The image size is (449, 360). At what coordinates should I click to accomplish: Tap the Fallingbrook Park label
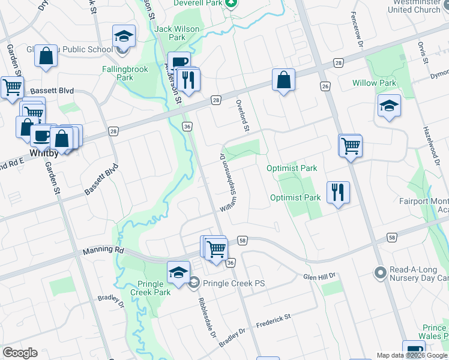(125, 73)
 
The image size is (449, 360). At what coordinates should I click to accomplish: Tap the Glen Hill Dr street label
(318, 277)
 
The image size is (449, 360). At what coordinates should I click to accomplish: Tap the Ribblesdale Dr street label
(204, 316)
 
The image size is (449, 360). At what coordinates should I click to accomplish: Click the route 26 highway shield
(325, 87)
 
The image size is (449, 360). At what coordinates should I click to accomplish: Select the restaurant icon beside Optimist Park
(338, 193)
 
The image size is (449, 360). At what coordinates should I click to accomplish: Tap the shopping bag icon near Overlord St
(283, 79)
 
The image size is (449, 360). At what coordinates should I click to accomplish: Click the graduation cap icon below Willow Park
(389, 106)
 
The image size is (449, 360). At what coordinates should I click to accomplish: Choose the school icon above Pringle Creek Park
(178, 273)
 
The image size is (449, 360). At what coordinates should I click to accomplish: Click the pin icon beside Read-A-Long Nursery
(379, 273)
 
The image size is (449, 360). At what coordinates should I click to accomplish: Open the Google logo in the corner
(20, 353)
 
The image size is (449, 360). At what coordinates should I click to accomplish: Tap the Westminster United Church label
(414, 6)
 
